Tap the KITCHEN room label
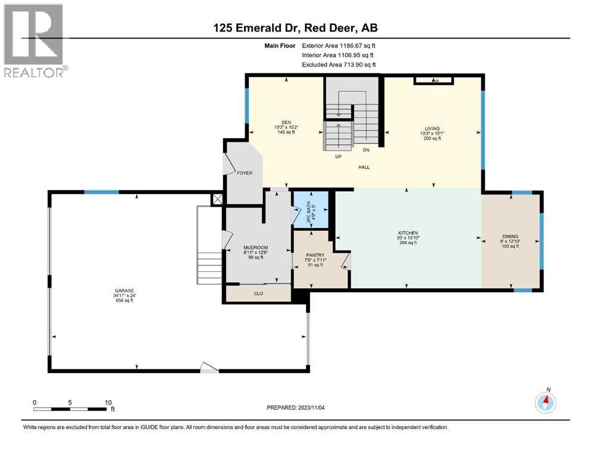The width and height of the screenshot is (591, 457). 408,233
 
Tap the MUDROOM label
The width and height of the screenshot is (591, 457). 255,246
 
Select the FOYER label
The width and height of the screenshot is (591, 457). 244,173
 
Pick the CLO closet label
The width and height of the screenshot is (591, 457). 258,293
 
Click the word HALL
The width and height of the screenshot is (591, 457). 364,167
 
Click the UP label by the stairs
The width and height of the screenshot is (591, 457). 337,158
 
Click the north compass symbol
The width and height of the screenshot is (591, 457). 545,403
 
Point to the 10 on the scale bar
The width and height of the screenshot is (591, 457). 108,402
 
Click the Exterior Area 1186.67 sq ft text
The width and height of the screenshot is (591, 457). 339,45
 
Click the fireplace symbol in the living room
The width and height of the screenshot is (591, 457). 435,80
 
